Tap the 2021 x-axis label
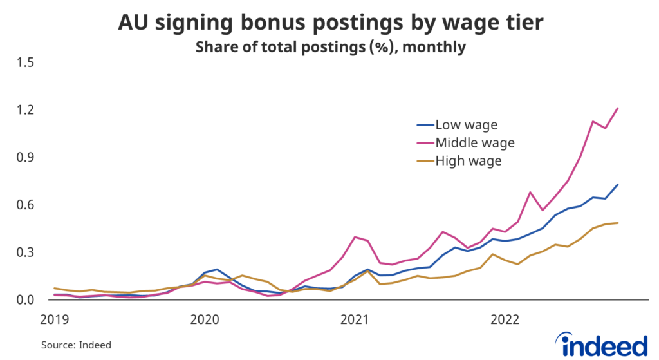point(355,319)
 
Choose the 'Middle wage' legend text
point(475,142)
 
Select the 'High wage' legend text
point(468,160)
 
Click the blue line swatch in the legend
point(423,124)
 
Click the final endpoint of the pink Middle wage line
point(618,108)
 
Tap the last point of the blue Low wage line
point(618,185)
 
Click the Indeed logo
point(604,344)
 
